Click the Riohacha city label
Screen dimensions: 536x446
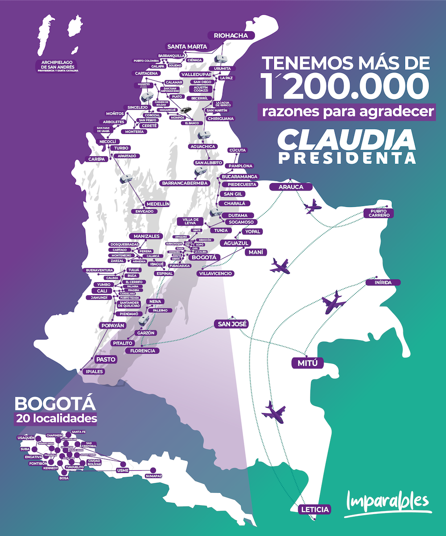pyautogui.click(x=231, y=36)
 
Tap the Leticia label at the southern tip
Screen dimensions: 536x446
pyautogui.click(x=315, y=509)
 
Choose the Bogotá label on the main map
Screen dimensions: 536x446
pyautogui.click(x=203, y=257)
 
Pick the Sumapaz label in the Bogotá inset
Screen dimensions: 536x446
pyautogui.click(x=153, y=476)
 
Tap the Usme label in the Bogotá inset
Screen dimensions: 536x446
pyautogui.click(x=123, y=470)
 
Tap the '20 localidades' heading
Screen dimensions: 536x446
pyautogui.click(x=56, y=419)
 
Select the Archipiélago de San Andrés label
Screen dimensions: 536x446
pyautogui.click(x=57, y=65)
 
